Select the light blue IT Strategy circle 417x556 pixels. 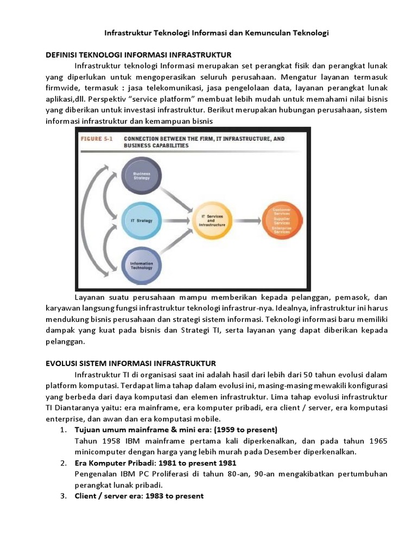tap(141, 220)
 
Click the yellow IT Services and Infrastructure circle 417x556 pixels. tap(213, 221)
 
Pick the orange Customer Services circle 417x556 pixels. tap(281, 220)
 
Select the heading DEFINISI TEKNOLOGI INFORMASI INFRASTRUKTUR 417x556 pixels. tap(137, 55)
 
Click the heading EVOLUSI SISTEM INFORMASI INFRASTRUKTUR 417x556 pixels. tap(130, 363)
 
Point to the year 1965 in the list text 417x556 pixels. tap(377, 441)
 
